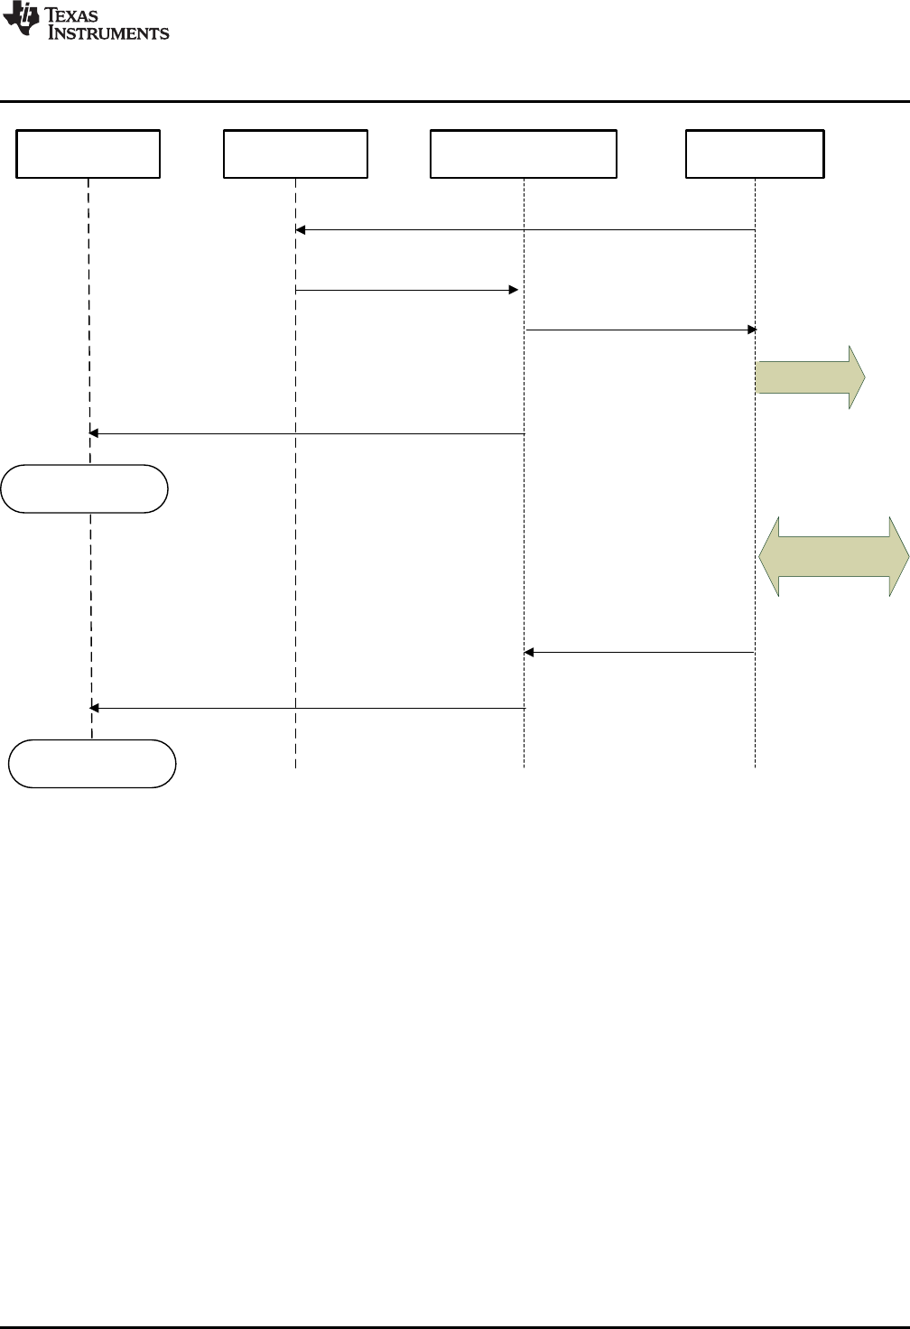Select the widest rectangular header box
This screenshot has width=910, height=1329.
click(x=524, y=153)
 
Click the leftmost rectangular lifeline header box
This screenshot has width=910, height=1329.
click(x=88, y=153)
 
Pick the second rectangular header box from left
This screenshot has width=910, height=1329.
click(x=295, y=153)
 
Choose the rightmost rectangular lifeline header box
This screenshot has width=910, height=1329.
click(x=755, y=153)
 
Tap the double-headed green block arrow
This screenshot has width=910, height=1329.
click(x=833, y=556)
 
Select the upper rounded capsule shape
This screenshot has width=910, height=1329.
click(x=85, y=488)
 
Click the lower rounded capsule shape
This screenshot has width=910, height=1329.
click(x=92, y=764)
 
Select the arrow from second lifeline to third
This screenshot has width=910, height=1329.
click(x=406, y=290)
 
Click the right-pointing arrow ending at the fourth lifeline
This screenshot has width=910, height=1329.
click(x=640, y=330)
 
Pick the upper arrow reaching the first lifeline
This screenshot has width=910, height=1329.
click(x=307, y=434)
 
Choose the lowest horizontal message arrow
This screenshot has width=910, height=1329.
click(x=307, y=709)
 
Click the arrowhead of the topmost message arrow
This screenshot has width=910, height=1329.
click(x=302, y=230)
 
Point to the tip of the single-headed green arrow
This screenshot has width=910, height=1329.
click(x=864, y=377)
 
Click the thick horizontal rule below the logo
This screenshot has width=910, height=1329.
click(x=455, y=101)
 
